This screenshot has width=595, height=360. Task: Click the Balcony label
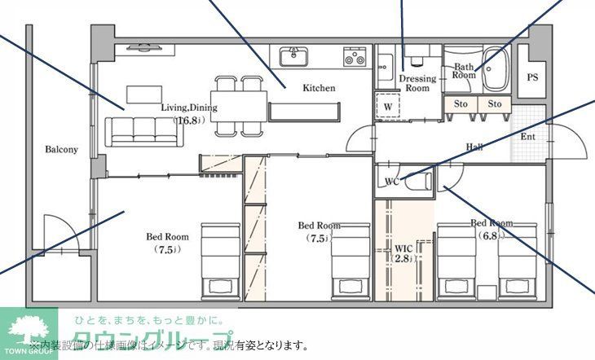tap(61, 150)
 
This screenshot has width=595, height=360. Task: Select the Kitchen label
tap(319, 88)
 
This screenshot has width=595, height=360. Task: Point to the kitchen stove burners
tap(355, 56)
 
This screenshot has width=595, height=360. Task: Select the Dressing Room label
tap(416, 83)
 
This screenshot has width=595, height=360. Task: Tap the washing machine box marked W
tap(389, 107)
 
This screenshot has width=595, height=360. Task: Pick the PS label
tap(532, 78)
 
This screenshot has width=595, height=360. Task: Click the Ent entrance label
tap(528, 136)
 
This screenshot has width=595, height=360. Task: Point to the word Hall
tap(474, 147)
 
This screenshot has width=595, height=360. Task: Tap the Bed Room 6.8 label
tap(491, 228)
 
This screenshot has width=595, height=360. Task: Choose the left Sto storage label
tap(461, 104)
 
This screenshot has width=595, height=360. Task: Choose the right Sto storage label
tap(495, 104)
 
